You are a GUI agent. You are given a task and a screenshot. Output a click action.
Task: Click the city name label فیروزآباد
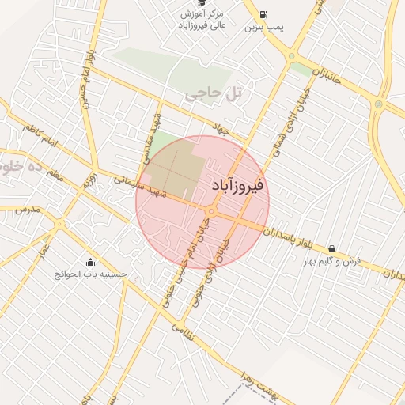tap(239, 185)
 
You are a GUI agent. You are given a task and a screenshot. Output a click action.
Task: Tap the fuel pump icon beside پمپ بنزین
tap(263, 13)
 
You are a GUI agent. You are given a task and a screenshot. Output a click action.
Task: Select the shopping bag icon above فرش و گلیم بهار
tap(331, 248)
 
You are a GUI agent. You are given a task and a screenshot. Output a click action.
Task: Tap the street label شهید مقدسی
tap(157, 128)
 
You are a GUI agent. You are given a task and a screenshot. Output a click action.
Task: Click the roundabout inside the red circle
tap(211, 210)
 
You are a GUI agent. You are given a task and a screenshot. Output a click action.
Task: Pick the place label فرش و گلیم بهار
tap(332, 260)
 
